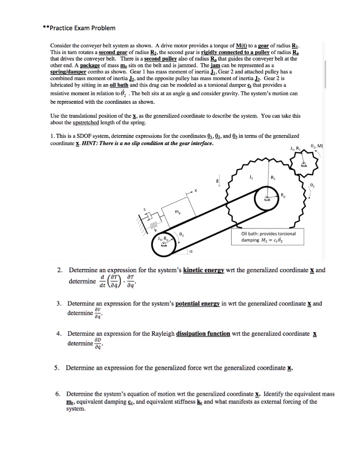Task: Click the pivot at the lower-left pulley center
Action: tap(162, 248)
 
